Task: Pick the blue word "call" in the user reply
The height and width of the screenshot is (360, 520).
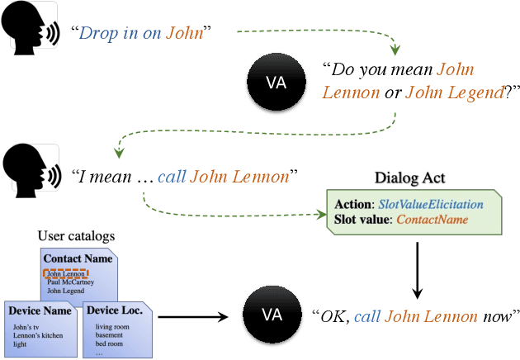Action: [172, 175]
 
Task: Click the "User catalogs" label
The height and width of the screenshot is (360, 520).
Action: [77, 236]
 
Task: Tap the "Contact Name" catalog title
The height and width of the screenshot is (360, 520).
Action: [77, 258]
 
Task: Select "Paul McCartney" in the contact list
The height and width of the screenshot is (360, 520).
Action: [70, 282]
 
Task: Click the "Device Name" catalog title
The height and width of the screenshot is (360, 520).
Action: [41, 311]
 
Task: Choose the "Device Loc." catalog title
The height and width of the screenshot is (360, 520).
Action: [114, 311]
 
